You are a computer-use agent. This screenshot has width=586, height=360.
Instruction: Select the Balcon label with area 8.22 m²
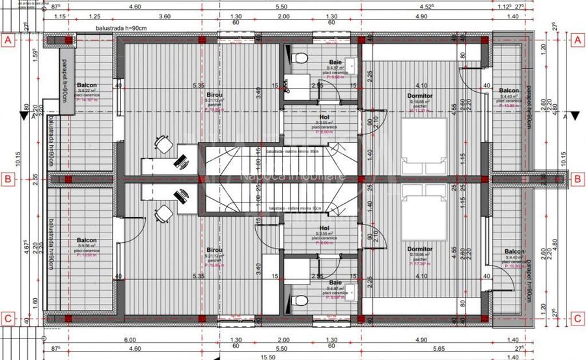point(87,86)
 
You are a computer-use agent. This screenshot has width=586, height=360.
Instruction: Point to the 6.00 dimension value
point(130,340)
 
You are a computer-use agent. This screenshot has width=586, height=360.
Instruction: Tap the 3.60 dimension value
point(164,16)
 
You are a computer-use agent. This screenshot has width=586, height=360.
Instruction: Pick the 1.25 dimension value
point(94,16)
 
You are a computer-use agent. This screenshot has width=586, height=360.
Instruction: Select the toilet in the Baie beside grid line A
point(300,59)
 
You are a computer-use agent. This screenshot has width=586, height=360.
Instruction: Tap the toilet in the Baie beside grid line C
point(300,300)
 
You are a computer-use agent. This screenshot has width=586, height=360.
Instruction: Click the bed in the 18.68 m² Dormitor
point(425,146)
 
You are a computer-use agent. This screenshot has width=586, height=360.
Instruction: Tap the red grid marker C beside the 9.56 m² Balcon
point(8,319)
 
